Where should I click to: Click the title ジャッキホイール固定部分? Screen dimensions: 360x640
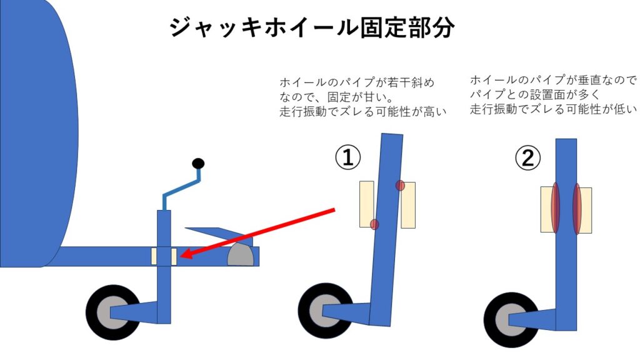[x=311, y=28]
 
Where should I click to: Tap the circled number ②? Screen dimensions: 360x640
[x=527, y=158]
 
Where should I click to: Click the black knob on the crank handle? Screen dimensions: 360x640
[x=198, y=164]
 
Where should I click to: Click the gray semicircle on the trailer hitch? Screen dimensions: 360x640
[x=241, y=256]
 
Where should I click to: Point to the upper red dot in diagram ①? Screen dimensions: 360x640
[x=400, y=186]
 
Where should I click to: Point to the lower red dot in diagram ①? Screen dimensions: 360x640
[x=374, y=224]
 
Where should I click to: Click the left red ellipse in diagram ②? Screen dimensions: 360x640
[x=555, y=209]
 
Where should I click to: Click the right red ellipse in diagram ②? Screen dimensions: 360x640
[x=577, y=209]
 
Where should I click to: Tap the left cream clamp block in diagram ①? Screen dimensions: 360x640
[x=366, y=204]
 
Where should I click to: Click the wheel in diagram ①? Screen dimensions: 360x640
[x=326, y=311]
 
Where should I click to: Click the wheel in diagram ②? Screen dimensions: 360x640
[x=511, y=319]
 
